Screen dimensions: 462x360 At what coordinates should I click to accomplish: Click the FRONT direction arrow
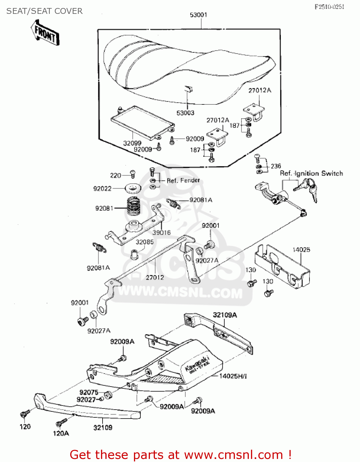pyautogui.click(x=45, y=33)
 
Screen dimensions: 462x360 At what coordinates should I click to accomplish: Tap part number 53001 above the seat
pyautogui.click(x=199, y=15)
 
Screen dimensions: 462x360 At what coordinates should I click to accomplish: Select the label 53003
pyautogui.click(x=185, y=113)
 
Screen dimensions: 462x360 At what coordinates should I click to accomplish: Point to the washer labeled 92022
pyautogui.click(x=133, y=188)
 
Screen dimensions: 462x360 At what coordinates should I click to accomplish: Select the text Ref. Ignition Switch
pyautogui.click(x=311, y=173)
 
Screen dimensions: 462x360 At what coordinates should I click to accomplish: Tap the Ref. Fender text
pyautogui.click(x=183, y=180)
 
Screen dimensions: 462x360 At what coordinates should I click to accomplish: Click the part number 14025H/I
pyautogui.click(x=233, y=376)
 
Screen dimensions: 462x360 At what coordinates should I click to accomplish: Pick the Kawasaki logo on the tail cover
pyautogui.click(x=197, y=364)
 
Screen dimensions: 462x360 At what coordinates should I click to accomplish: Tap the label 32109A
pyautogui.click(x=225, y=315)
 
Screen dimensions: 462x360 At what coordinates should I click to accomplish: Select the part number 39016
pyautogui.click(x=161, y=233)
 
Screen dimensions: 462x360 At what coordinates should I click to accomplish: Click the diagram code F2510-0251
pyautogui.click(x=329, y=7)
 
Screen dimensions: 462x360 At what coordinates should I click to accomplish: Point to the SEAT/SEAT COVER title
pyautogui.click(x=44, y=11)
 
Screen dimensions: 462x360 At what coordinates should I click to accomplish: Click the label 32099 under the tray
pyautogui.click(x=132, y=143)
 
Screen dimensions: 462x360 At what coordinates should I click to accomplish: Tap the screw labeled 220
pyautogui.click(x=133, y=174)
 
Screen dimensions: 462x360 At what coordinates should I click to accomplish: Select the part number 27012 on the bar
pyautogui.click(x=155, y=278)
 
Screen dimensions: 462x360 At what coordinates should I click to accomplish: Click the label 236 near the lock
pyautogui.click(x=276, y=166)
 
